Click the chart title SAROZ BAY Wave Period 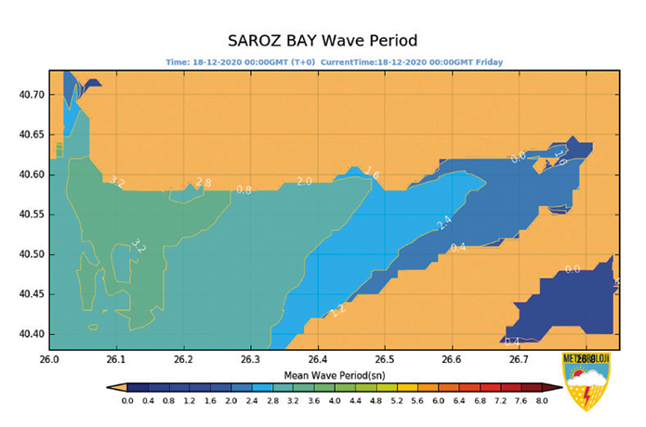pos(323,41)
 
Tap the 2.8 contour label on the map pos(204,183)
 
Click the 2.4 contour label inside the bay pos(444,223)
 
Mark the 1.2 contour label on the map pos(338,309)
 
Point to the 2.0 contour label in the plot pos(304,182)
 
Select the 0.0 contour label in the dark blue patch pos(573,269)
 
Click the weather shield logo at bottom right pos(587,381)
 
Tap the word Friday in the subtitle pos(489,62)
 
